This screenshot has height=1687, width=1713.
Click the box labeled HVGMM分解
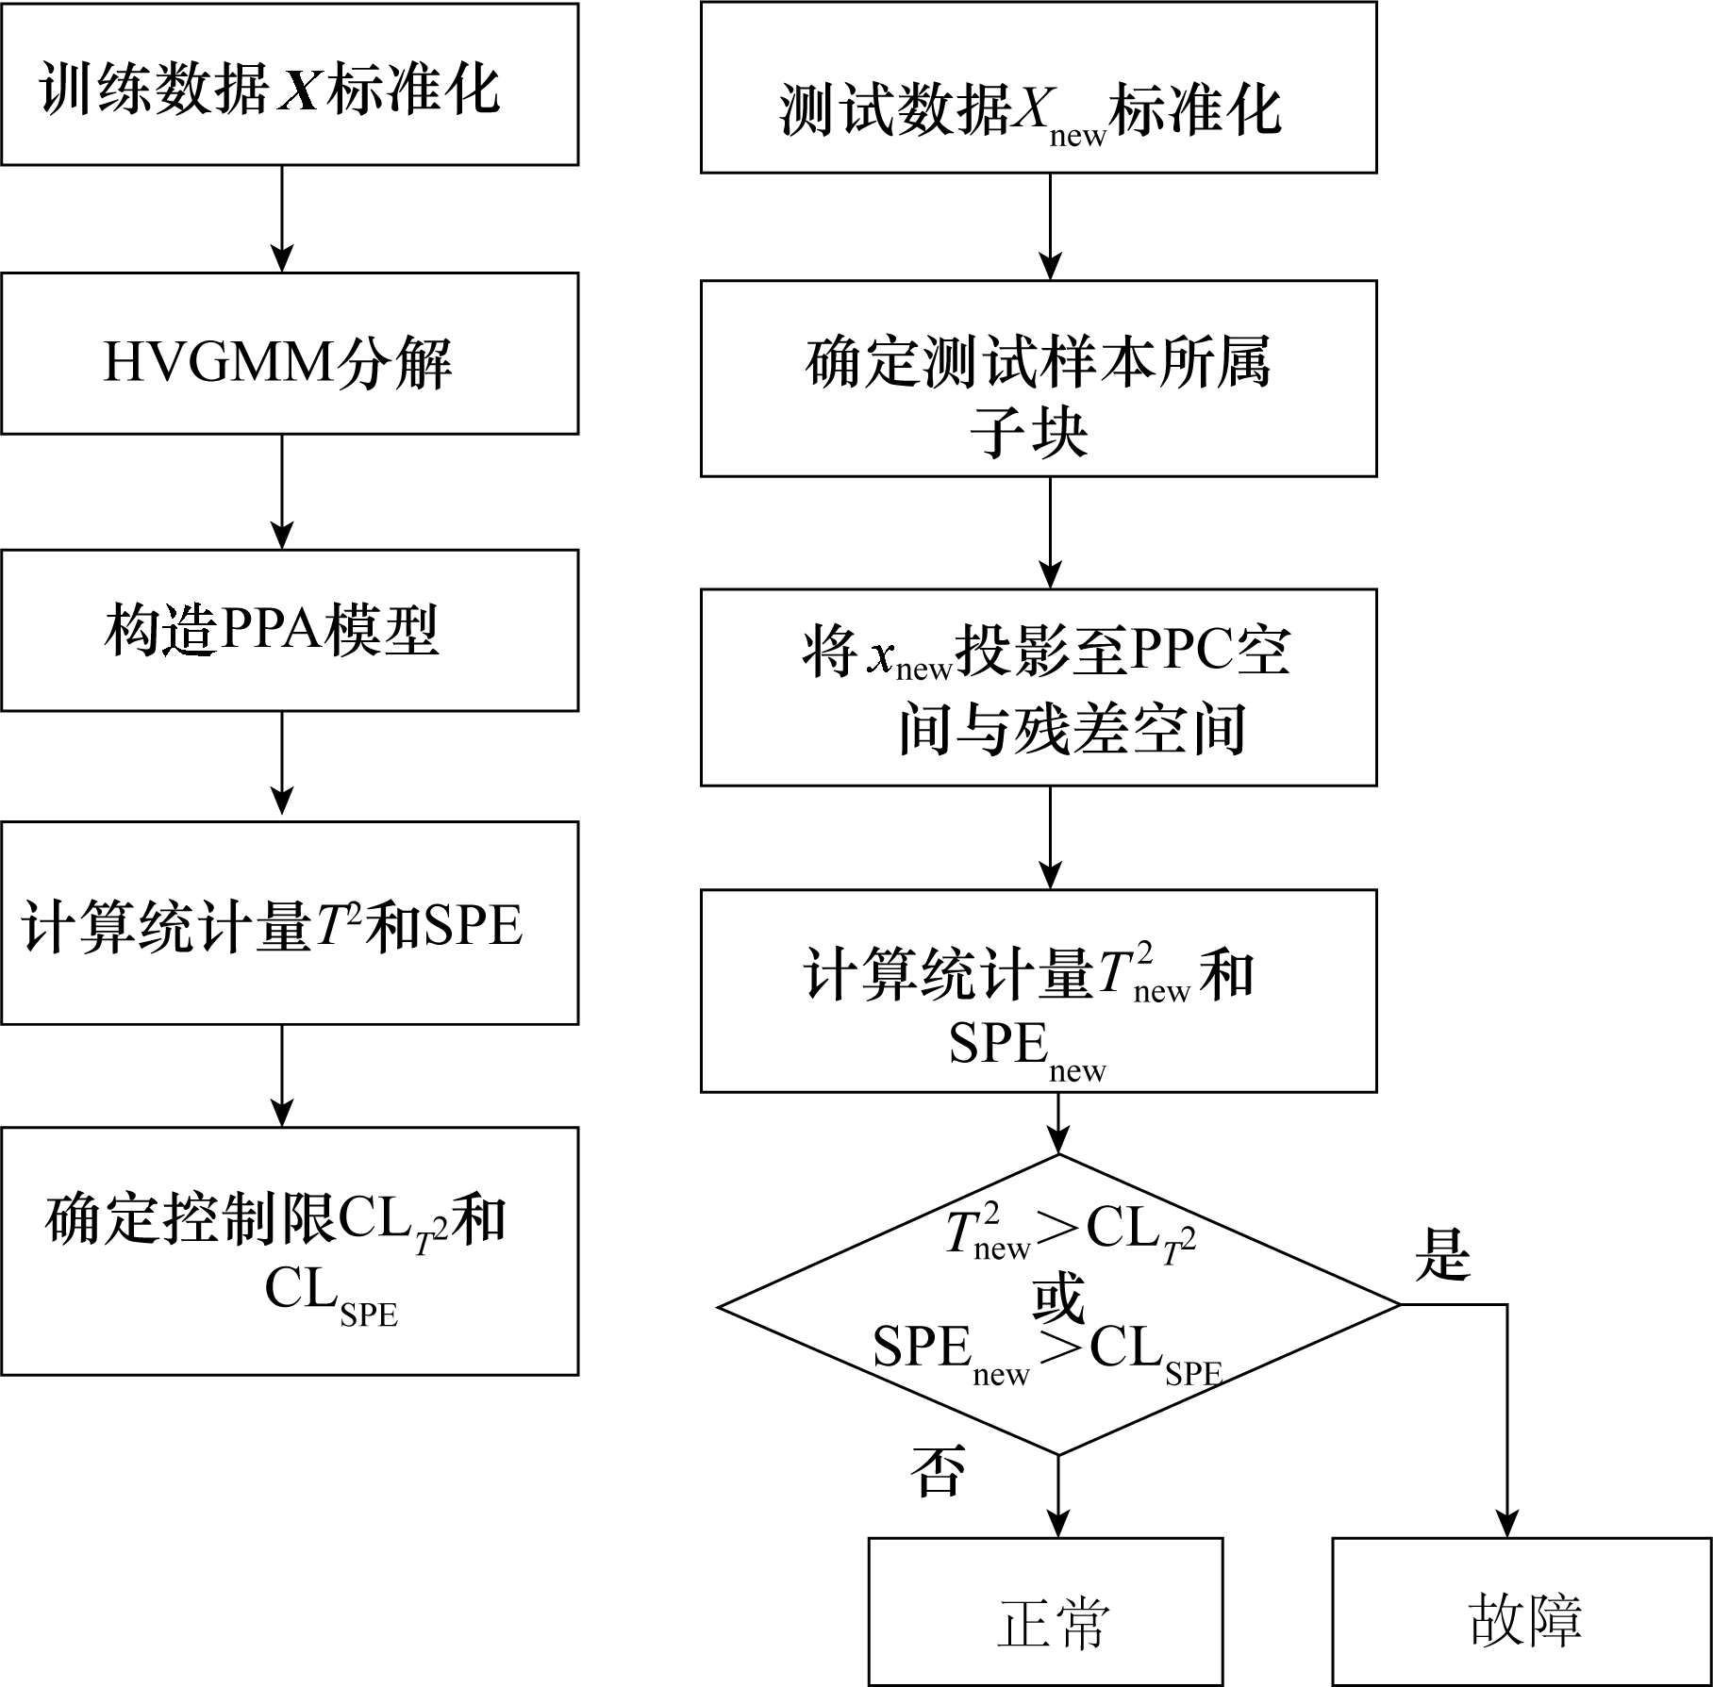pos(290,354)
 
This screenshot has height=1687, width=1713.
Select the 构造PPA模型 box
pos(290,630)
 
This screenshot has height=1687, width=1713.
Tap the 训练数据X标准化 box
pos(290,85)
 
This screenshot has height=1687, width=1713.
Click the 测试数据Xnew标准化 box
pos(1038,88)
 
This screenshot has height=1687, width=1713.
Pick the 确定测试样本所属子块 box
pos(1038,378)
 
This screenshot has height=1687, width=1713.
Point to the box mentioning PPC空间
pos(1038,687)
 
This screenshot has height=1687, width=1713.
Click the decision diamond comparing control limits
pos(1058,1305)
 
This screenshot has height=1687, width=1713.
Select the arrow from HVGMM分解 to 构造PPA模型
pos(282,491)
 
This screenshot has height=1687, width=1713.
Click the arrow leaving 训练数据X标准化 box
pos(282,219)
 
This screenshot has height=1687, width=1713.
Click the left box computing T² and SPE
pos(290,923)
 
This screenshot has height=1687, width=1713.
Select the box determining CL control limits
pos(290,1250)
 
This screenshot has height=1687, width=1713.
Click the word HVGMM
pos(218,363)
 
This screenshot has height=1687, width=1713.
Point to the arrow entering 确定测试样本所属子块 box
pos(1050,226)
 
